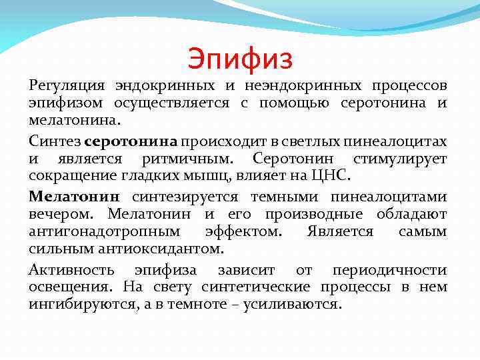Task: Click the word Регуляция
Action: point(67,86)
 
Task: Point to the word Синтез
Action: point(54,141)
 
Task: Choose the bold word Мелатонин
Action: point(73,196)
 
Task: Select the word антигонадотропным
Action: point(104,232)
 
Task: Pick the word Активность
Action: point(71,269)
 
